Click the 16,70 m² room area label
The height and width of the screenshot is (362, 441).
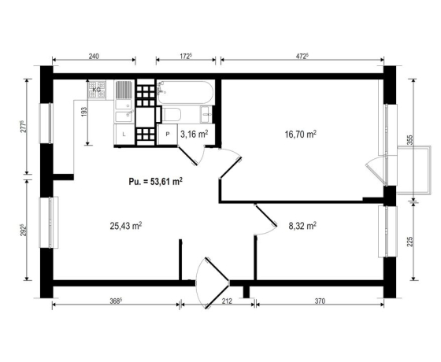[301, 135]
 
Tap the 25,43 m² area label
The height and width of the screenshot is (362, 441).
[126, 226]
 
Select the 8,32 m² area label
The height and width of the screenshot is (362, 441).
[302, 226]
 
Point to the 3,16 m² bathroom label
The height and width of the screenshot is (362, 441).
[194, 135]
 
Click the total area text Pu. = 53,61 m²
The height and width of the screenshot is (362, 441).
[156, 181]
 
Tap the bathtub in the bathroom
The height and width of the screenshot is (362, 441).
[185, 93]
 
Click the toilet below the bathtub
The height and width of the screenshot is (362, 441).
[172, 115]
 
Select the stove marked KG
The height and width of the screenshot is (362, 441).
[97, 90]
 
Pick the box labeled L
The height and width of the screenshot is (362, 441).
[124, 135]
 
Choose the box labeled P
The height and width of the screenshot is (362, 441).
[168, 135]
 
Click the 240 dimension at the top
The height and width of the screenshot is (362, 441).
[94, 56]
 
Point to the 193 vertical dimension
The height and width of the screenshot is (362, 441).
[84, 112]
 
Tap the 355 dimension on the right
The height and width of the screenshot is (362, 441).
[409, 140]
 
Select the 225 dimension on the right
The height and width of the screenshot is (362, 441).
[409, 242]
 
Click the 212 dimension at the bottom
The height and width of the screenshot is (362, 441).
[227, 301]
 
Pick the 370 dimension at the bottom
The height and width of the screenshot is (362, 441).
[320, 301]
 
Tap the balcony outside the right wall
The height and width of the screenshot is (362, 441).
[413, 170]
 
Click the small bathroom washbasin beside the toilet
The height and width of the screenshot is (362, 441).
[206, 115]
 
